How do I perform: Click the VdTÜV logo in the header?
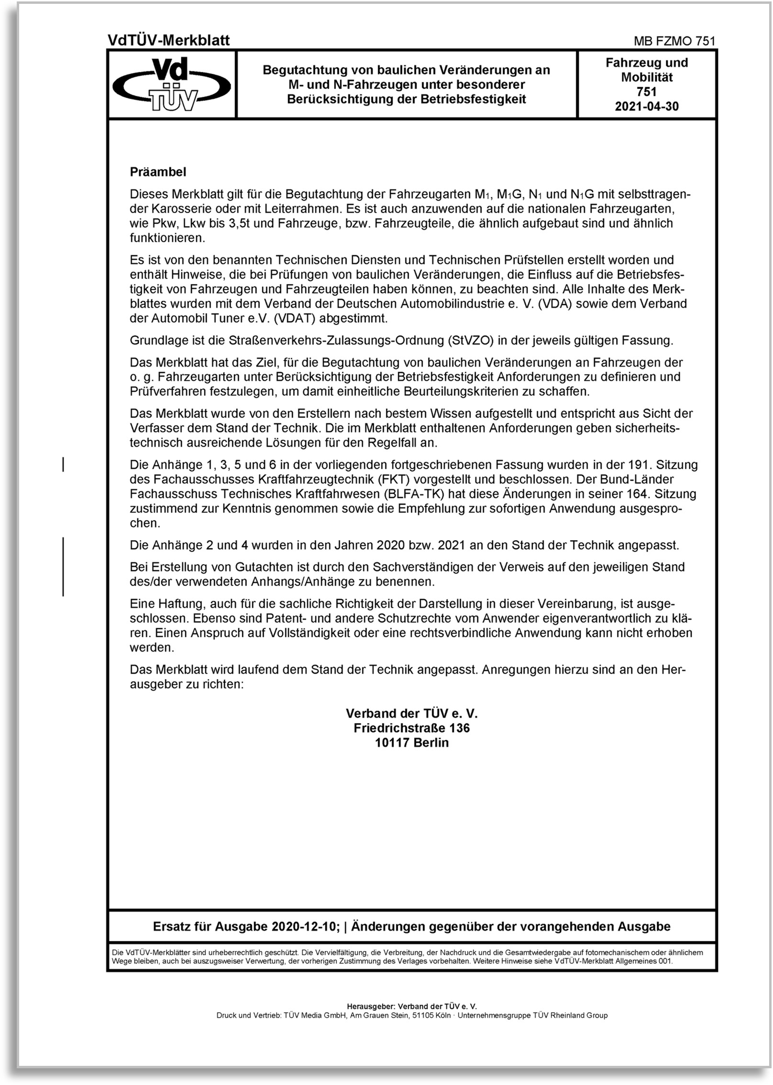click(172, 84)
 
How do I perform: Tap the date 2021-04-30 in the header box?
click(647, 106)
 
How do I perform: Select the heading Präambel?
click(158, 172)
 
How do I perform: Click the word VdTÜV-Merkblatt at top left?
click(168, 41)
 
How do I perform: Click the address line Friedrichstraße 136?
click(412, 728)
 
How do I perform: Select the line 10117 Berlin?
click(412, 743)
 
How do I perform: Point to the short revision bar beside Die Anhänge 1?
click(63, 464)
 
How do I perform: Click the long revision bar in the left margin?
click(63, 566)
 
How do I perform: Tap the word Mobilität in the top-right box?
click(647, 77)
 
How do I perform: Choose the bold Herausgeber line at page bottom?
click(412, 1006)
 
